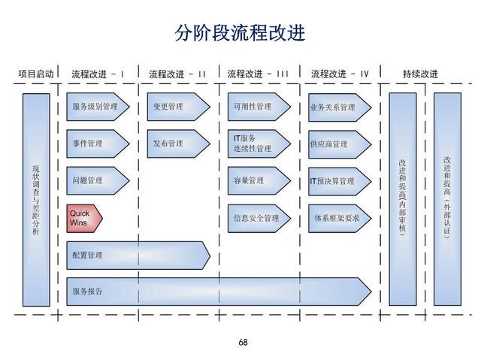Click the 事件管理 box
tap(95, 144)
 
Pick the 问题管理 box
tap(95, 180)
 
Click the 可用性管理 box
tap(256, 107)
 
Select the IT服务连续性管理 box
tap(256, 144)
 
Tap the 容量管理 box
tap(256, 180)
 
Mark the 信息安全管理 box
tap(256, 218)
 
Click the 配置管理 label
tap(88, 256)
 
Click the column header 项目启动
tap(37, 74)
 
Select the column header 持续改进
tap(420, 74)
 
